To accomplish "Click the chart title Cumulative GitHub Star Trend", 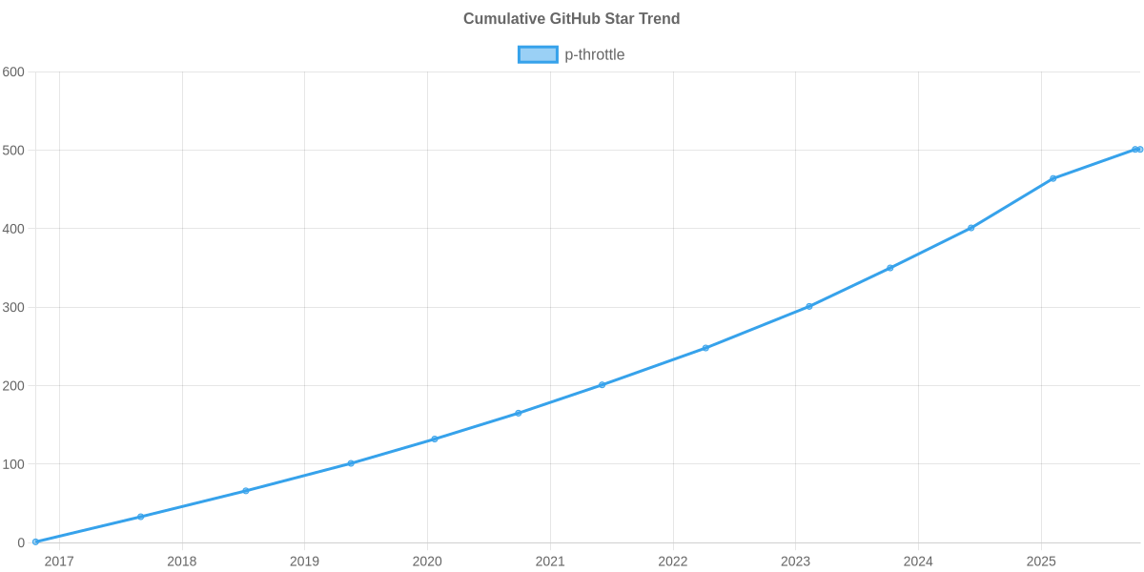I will pos(571,19).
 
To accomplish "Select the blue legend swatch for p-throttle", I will pos(537,54).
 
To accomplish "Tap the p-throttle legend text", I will pos(594,54).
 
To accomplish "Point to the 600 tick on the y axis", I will pos(13,72).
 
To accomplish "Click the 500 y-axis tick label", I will pos(13,151).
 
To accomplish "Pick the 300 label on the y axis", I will pos(13,308).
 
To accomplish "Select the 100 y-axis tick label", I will pos(13,464).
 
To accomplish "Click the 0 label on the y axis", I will pos(20,543).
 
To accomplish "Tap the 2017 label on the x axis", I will pos(59,562).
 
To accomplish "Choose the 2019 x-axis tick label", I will pos(304,562).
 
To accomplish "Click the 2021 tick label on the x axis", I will pos(550,562).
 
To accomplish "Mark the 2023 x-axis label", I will pos(795,562).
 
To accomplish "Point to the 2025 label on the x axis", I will pos(1041,562).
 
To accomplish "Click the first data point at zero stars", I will pos(35,541).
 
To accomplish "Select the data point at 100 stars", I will pos(350,463).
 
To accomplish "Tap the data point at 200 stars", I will pos(602,385).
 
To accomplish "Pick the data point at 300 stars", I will pos(808,306).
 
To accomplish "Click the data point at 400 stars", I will pos(971,228).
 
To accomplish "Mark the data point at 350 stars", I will pos(889,268).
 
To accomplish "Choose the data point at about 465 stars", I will pos(1053,178).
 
